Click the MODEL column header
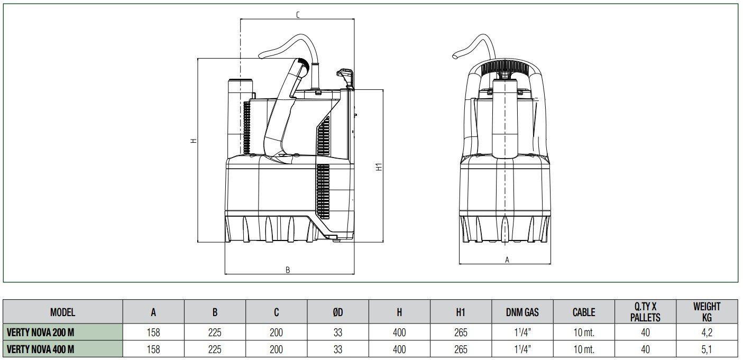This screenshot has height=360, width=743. [x=62, y=312]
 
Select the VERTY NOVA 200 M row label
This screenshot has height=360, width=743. [x=40, y=333]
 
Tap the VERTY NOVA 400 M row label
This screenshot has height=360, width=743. [x=40, y=349]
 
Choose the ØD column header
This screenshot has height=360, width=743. [x=338, y=312]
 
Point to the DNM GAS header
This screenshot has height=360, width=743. [x=522, y=312]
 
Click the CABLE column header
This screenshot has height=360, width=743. [x=584, y=312]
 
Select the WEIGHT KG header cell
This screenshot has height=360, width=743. [x=707, y=312]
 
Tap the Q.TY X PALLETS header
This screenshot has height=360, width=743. [x=645, y=312]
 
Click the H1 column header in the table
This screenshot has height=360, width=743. [x=461, y=312]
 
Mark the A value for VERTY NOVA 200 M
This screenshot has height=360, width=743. [x=153, y=333]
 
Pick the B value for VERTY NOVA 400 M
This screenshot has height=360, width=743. [x=215, y=349]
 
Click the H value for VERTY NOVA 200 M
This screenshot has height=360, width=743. [x=399, y=333]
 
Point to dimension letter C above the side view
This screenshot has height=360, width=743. [x=298, y=15]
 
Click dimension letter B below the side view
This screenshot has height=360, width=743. [x=288, y=270]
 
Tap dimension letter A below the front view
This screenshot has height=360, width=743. [x=507, y=260]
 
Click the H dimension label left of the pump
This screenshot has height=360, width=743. [x=194, y=141]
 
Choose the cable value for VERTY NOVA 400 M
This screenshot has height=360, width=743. [x=584, y=349]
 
